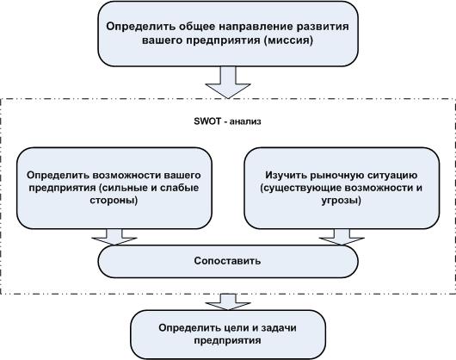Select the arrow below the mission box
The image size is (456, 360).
pyautogui.click(x=228, y=83)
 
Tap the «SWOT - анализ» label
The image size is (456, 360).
pyautogui.click(x=227, y=121)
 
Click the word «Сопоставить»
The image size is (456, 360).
pyautogui.click(x=227, y=261)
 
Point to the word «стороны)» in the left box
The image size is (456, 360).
pyautogui.click(x=114, y=201)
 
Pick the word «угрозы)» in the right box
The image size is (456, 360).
pyautogui.click(x=341, y=201)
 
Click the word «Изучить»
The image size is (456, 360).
pyautogui.click(x=286, y=175)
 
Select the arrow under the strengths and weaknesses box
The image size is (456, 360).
pyautogui.click(x=114, y=237)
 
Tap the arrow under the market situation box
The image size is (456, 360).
pyautogui.click(x=342, y=237)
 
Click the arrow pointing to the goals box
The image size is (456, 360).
pyautogui.click(x=228, y=301)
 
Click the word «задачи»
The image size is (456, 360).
pyautogui.click(x=279, y=327)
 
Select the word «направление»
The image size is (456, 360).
pyautogui.click(x=255, y=27)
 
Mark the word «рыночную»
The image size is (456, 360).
pyautogui.click(x=337, y=176)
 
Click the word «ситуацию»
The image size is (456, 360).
pyautogui.click(x=392, y=176)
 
